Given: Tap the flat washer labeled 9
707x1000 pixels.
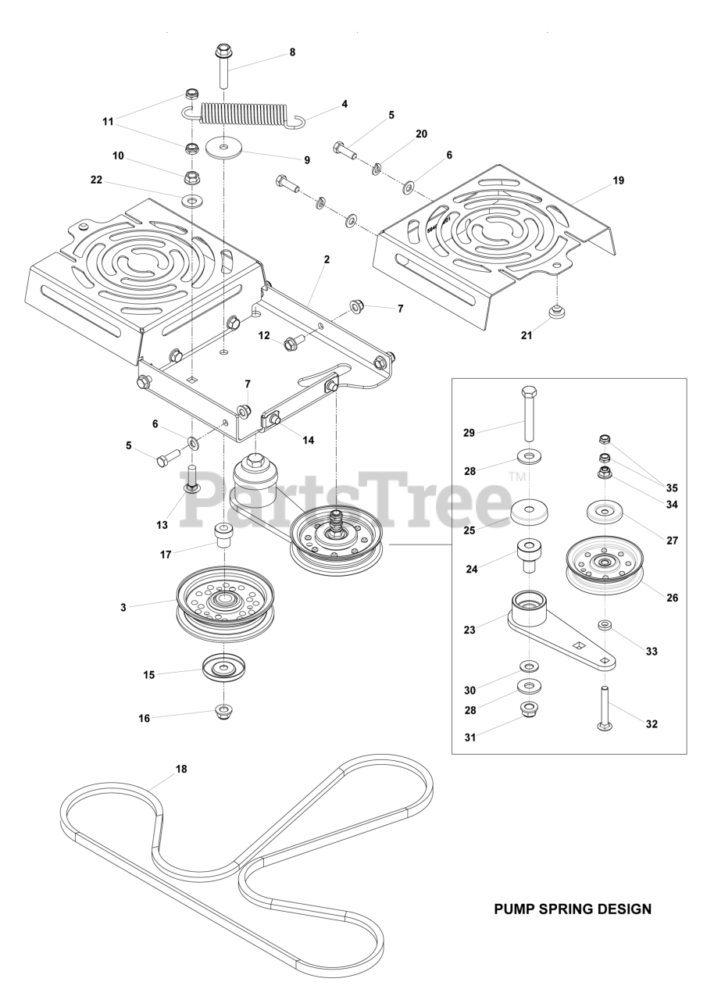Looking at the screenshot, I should [x=225, y=146].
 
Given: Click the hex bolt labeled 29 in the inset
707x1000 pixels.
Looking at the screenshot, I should [x=529, y=414].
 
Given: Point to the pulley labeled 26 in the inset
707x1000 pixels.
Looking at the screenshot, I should [x=605, y=566].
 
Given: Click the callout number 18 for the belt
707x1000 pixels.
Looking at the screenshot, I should [x=181, y=769].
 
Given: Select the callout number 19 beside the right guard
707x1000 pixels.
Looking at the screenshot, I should [x=618, y=180].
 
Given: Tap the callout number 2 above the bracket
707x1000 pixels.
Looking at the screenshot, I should [x=327, y=259].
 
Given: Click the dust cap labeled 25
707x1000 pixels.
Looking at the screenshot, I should [x=530, y=514].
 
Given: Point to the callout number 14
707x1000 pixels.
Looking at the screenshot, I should [x=308, y=441].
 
